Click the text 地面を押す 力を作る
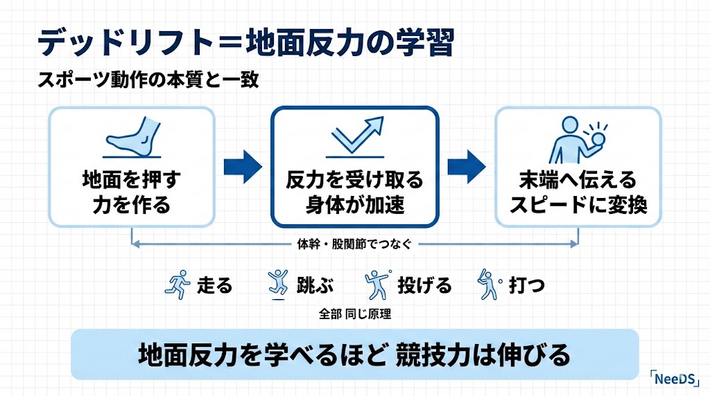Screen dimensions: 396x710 click(x=131, y=193)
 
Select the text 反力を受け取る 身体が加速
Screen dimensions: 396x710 click(x=354, y=193)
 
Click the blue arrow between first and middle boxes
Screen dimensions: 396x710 click(x=243, y=167)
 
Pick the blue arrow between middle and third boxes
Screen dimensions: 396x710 click(x=466, y=167)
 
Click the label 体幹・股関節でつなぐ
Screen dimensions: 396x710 click(x=354, y=244)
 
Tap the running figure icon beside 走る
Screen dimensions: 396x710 click(x=177, y=285)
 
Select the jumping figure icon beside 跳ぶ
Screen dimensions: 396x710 click(x=277, y=285)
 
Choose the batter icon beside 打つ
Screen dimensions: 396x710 click(x=487, y=285)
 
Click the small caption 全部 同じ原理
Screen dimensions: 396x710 click(x=355, y=314)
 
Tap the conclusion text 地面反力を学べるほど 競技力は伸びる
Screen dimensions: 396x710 click(x=354, y=354)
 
